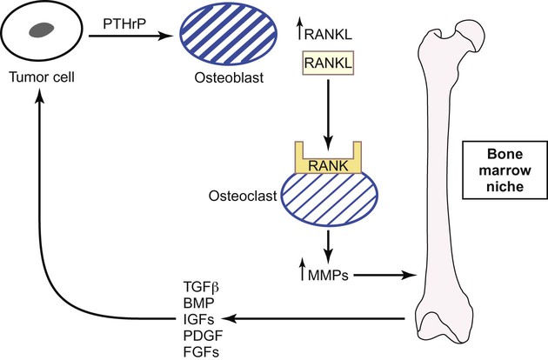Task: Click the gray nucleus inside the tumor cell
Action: click(x=41, y=32)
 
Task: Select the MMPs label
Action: click(x=328, y=277)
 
